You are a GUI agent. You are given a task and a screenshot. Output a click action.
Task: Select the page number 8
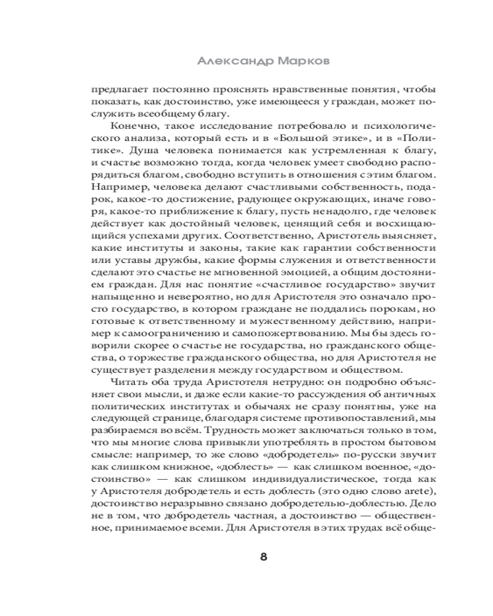tap(263, 557)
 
